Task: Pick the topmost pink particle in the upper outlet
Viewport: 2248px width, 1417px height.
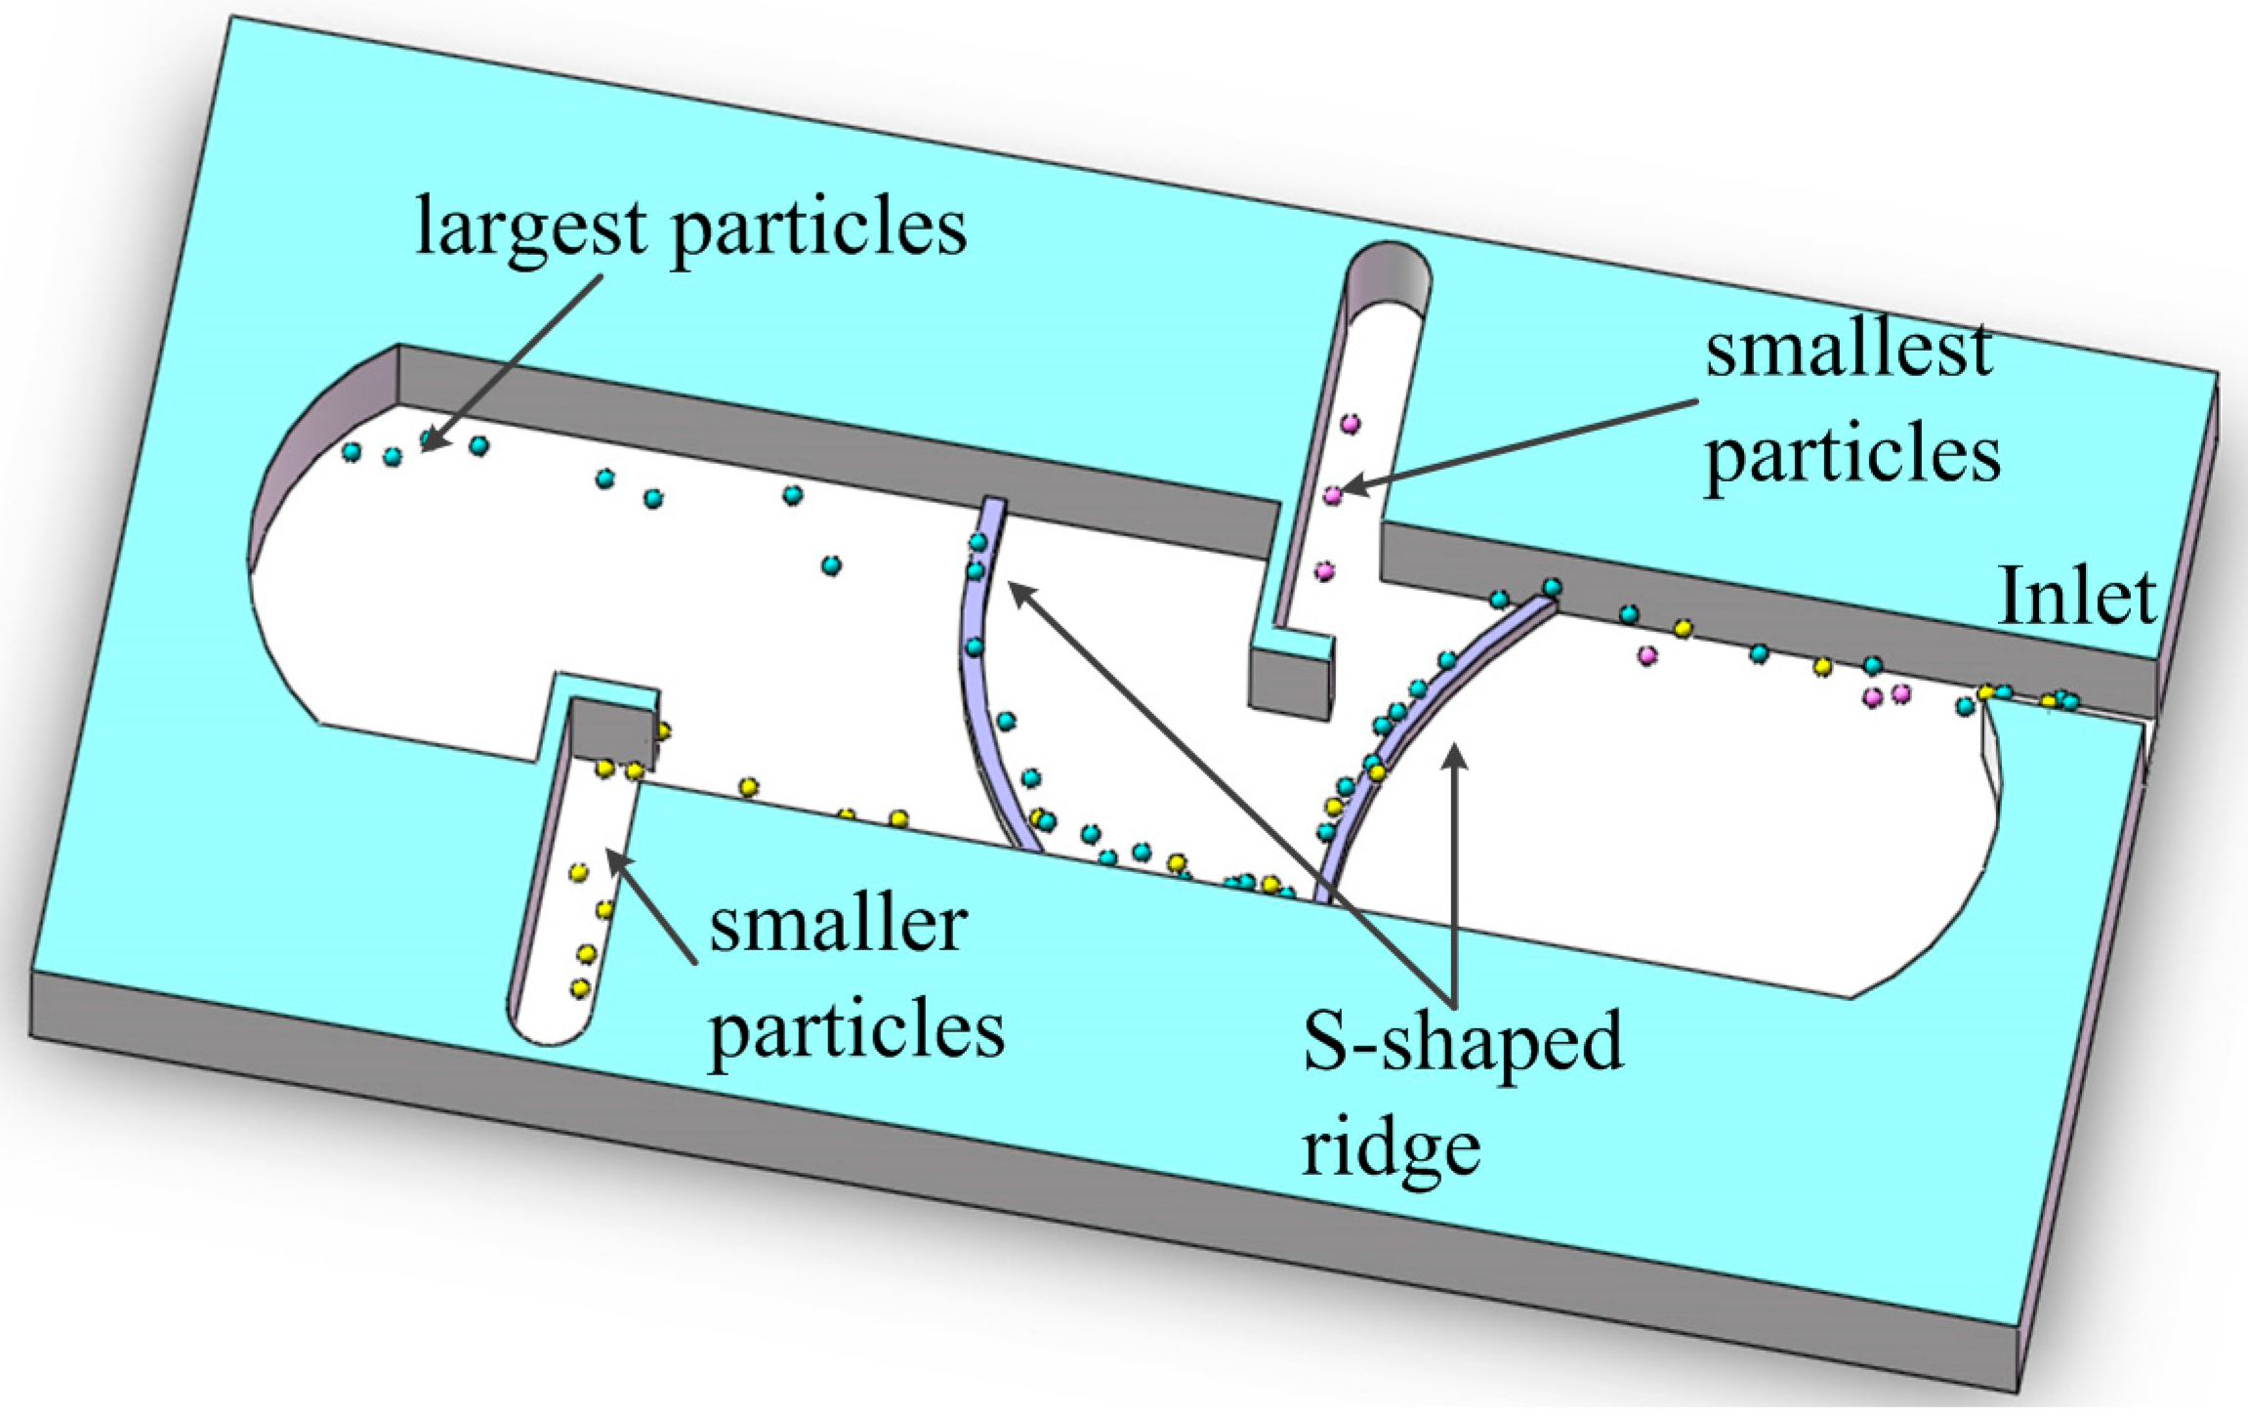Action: point(1351,424)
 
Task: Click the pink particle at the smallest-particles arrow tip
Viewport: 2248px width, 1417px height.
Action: point(1333,495)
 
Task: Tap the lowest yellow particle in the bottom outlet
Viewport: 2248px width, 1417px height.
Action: point(581,988)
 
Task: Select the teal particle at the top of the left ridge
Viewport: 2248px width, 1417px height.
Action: point(978,542)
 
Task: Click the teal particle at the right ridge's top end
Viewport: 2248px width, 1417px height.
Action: point(1552,587)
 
